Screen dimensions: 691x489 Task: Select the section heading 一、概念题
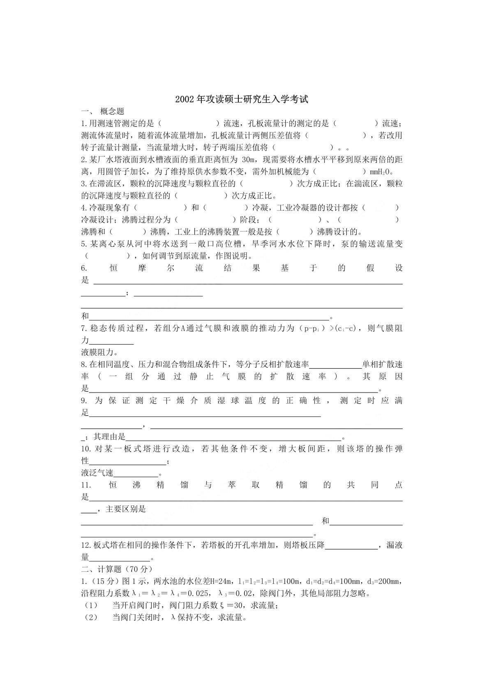click(103, 111)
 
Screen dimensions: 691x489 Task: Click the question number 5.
click(83, 244)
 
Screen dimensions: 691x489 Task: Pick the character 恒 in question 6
click(114, 268)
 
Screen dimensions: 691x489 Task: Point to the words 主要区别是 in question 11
click(126, 510)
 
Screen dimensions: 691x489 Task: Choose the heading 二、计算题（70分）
click(117, 569)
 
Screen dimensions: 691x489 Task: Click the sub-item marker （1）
click(90, 606)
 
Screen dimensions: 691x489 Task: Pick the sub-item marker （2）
click(90, 618)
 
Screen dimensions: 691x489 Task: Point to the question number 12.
click(85, 546)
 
